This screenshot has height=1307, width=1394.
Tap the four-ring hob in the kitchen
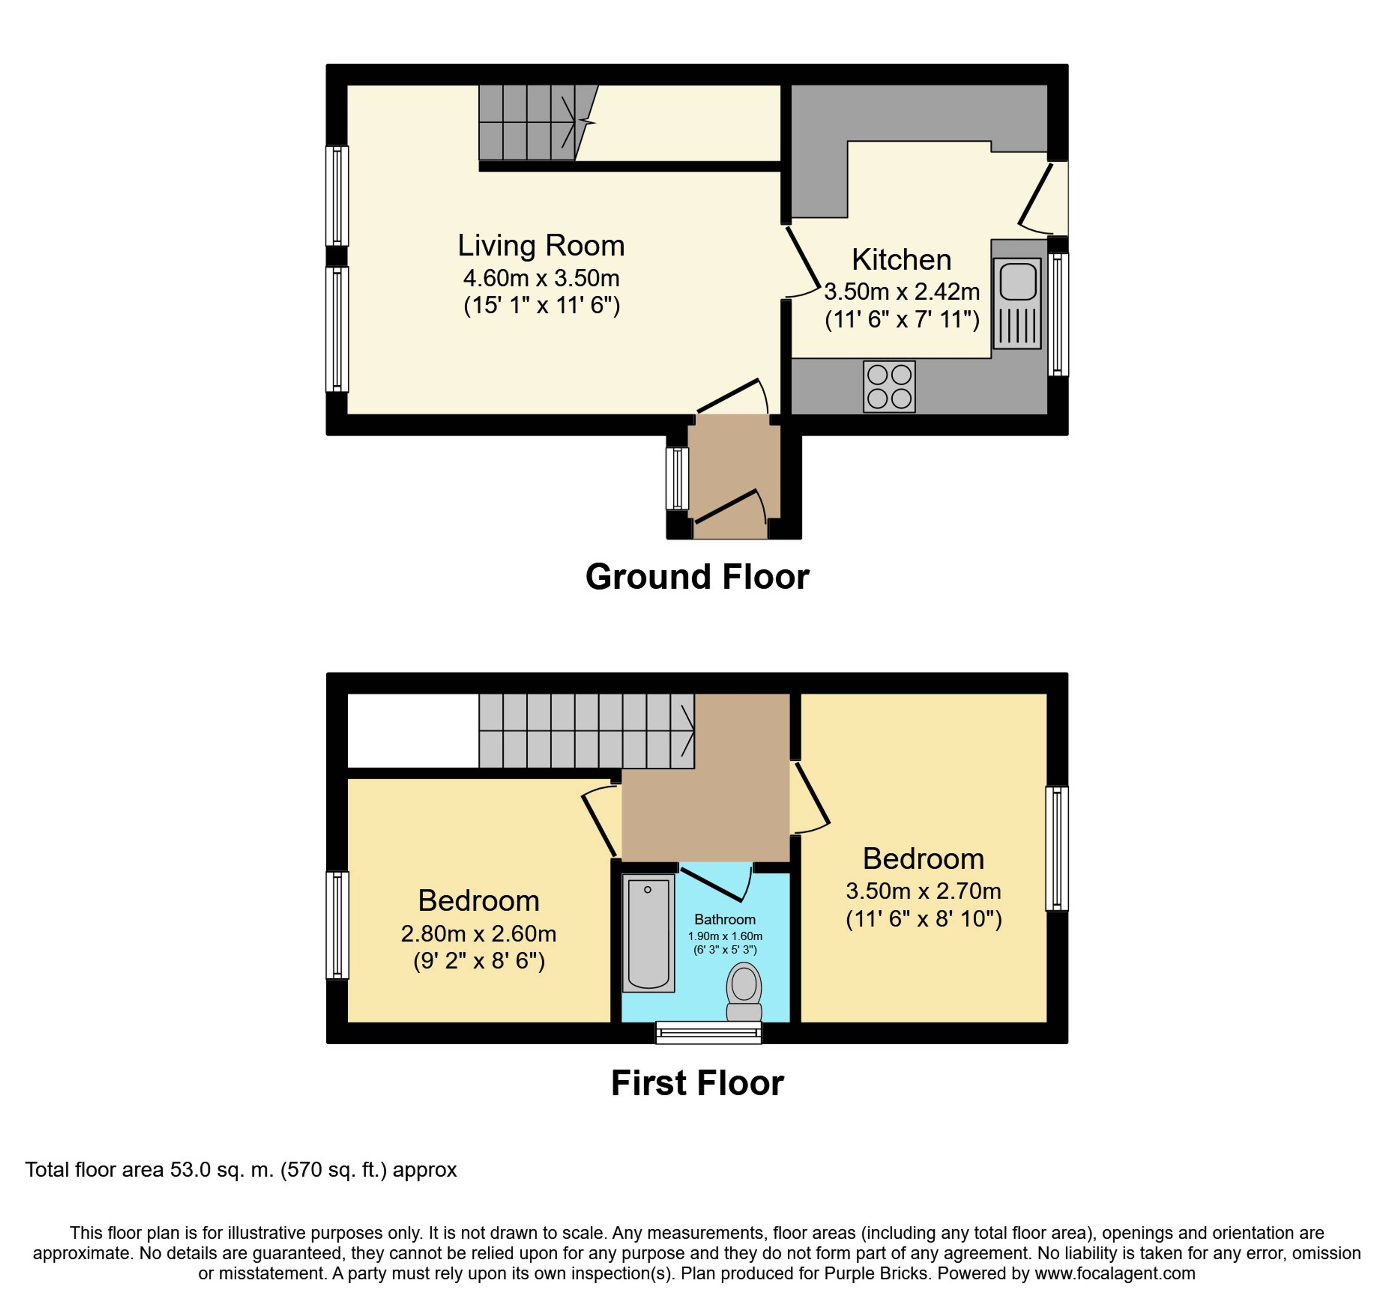889,386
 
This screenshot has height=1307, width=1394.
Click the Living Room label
541,245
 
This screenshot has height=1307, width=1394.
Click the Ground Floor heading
697,577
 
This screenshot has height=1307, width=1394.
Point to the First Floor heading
697,1083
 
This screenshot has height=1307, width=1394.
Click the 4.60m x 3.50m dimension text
541,278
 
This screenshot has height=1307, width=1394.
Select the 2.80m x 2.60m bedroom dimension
478,933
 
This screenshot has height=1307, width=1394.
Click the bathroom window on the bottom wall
708,1032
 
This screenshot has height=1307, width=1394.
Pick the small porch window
677,478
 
